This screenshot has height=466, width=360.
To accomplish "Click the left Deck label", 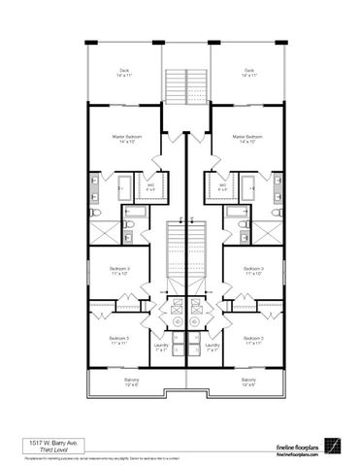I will tap(125, 72).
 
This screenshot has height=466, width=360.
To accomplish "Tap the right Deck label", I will tap(249, 72).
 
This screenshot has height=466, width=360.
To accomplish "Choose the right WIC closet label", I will tap(222, 184).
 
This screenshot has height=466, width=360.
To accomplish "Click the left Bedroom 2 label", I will tap(119, 340).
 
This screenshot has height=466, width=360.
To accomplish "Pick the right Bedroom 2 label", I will tap(255, 340).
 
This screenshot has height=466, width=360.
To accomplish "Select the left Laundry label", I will tap(161, 346).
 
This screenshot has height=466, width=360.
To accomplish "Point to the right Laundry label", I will tap(213, 346).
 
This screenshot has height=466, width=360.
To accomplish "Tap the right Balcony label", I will tap(248, 381).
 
